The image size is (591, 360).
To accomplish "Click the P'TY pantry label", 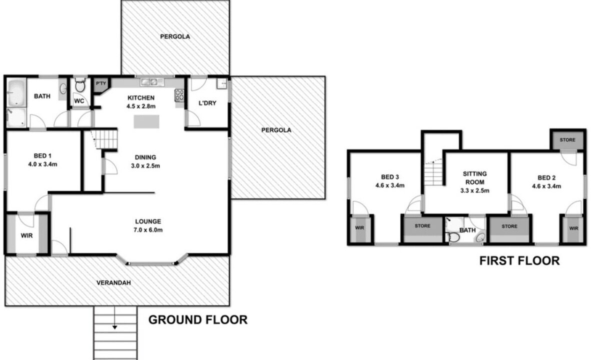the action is [x=101, y=83].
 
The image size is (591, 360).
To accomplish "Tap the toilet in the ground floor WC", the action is [x=80, y=85].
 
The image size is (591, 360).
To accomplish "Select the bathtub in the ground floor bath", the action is [x=16, y=92].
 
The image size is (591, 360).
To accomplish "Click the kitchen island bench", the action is [x=146, y=122].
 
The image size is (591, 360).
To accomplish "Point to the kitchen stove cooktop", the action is [x=179, y=95].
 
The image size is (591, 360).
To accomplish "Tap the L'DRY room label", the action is [x=207, y=103].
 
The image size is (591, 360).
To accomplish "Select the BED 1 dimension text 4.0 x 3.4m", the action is [x=42, y=164].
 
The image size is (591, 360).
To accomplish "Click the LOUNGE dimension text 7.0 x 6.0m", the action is [x=148, y=230].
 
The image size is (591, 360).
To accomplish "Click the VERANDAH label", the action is [x=113, y=282].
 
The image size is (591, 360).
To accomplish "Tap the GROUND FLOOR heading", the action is [x=198, y=319].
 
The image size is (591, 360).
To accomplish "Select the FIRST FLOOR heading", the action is [x=519, y=260].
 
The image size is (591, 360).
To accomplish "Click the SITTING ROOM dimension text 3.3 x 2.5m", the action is [x=475, y=190].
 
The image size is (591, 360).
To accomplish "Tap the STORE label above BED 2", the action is [x=567, y=140].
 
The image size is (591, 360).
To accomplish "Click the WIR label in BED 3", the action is [x=359, y=227].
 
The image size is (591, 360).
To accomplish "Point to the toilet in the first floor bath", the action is [x=452, y=237].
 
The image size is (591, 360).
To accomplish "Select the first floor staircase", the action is [x=434, y=173].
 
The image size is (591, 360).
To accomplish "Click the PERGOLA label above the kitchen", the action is [x=175, y=36].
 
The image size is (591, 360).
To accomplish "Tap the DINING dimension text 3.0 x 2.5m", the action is [x=145, y=166].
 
